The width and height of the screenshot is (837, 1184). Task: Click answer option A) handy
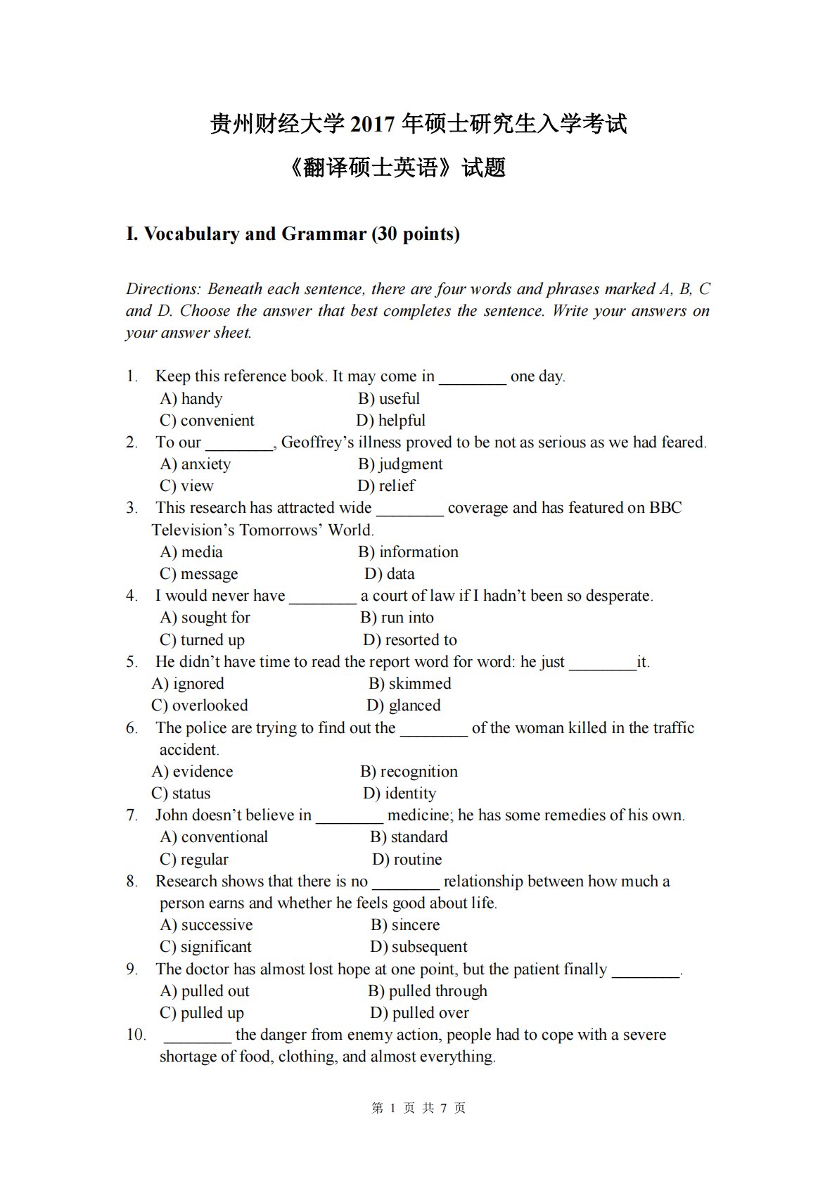pos(191,399)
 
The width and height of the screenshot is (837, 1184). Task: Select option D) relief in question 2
pos(386,486)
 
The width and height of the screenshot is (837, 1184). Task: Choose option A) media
pos(191,552)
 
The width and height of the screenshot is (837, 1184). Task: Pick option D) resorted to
pos(410,640)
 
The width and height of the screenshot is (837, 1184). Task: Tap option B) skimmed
pos(410,684)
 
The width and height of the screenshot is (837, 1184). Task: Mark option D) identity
pos(400,794)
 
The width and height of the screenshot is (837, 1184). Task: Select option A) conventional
pos(214,837)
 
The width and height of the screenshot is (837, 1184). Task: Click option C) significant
pos(205,947)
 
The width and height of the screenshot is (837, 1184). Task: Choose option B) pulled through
pos(428,991)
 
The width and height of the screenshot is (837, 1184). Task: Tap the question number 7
pos(132,815)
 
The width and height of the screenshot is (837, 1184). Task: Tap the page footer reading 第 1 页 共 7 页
pos(419,1108)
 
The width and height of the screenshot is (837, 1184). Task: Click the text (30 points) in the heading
pos(416,234)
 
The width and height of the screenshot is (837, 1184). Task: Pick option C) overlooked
pos(200,706)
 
